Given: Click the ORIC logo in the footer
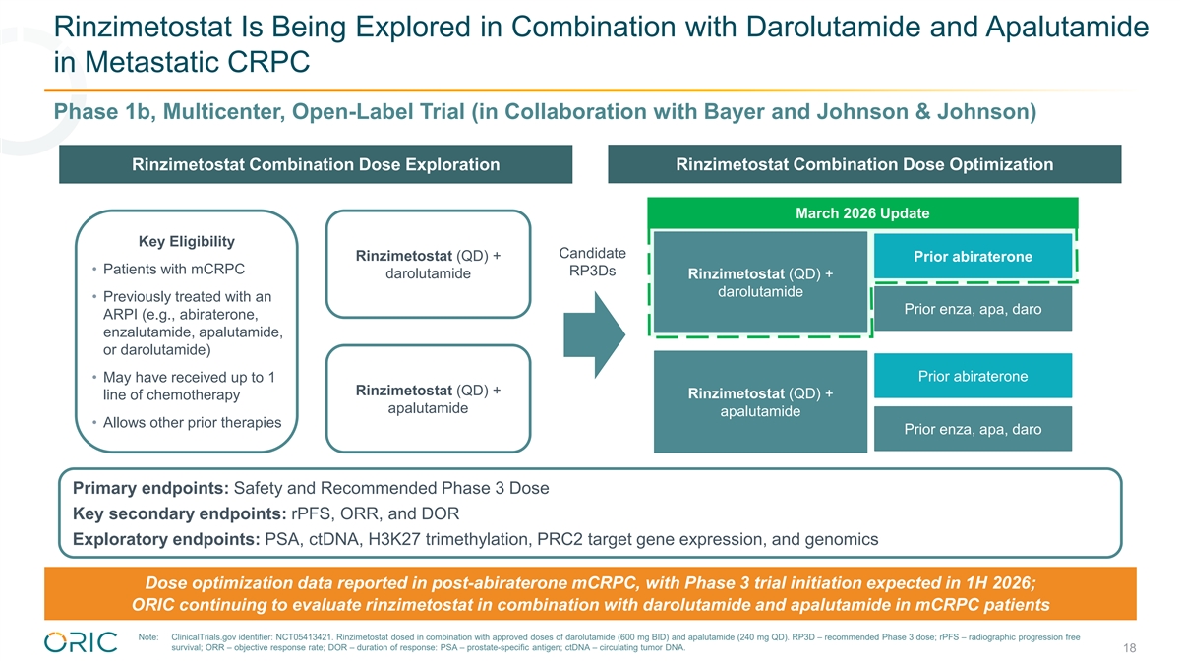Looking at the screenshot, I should tap(81, 641).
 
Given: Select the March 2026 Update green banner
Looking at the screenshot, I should tap(862, 213).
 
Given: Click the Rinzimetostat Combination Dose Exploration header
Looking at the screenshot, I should tap(315, 164).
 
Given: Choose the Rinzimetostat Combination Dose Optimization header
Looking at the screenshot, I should tap(864, 164).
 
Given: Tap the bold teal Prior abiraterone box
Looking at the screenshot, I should tap(973, 257).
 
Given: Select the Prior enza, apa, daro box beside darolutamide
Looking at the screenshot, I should tap(973, 309).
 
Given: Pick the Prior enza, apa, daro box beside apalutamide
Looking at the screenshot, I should tap(973, 429).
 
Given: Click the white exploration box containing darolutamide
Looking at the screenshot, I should tap(428, 265).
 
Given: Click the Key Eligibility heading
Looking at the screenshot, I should tap(187, 242).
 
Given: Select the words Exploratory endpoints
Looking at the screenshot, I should tap(164, 539).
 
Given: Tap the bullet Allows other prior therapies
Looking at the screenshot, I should tap(192, 423).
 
